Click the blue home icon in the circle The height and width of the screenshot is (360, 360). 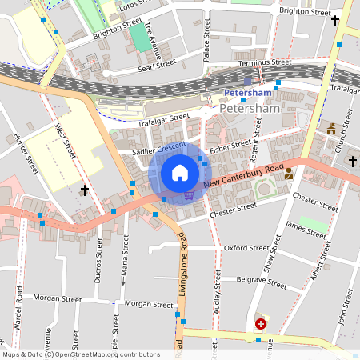180,173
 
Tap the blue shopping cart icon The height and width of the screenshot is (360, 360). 189,194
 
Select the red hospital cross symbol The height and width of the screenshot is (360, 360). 260,323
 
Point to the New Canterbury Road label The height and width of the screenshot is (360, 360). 243,178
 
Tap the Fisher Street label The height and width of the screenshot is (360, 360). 230,146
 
